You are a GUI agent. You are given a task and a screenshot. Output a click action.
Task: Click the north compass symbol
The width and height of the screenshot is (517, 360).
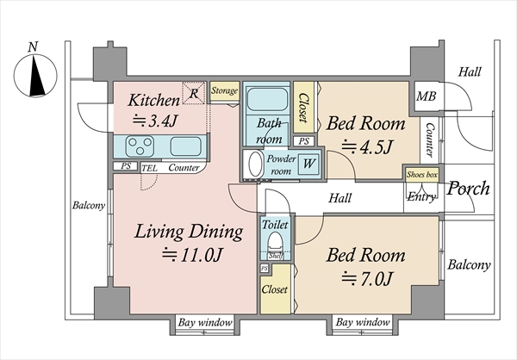35,76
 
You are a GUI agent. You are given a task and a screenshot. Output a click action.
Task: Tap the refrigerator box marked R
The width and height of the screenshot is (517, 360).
194,93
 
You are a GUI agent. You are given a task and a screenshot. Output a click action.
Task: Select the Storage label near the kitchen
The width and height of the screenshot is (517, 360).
225,90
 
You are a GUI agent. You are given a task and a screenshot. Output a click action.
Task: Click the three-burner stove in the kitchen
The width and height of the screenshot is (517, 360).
140,146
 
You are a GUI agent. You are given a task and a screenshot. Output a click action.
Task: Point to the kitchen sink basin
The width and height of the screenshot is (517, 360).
186,146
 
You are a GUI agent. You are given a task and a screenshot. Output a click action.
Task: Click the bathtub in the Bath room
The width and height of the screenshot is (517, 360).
267,99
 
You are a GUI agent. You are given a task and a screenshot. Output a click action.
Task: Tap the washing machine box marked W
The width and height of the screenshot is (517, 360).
309,164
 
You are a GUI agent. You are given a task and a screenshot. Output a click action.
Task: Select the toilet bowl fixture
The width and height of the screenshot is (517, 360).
276,242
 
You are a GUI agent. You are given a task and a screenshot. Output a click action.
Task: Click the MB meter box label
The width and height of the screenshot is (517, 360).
426,96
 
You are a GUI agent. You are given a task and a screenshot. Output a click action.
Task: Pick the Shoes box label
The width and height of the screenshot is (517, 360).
422,174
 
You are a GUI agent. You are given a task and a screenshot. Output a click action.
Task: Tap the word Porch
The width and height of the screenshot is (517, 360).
468,189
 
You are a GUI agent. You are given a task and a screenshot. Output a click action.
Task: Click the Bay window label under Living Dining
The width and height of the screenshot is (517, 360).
205,322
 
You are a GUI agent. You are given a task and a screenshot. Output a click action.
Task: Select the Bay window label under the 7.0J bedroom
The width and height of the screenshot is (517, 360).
363,322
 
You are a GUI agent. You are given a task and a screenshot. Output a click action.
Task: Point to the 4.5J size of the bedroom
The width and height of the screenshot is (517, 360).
367,146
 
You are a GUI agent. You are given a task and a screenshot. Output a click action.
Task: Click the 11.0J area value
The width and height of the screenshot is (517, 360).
192,255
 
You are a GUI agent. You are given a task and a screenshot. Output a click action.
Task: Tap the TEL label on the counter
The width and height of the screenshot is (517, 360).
149,169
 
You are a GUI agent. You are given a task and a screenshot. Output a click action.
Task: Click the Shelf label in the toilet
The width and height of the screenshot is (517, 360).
275,256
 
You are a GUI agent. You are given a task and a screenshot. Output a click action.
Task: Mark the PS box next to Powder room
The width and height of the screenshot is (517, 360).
304,141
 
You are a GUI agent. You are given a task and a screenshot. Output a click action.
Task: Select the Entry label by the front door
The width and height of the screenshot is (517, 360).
421,197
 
